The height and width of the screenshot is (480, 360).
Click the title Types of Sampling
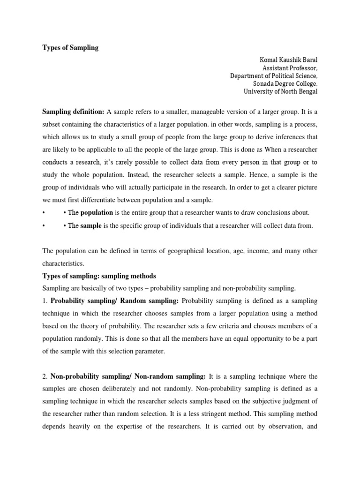[x=70, y=48]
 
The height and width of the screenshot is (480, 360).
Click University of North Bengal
[x=280, y=91]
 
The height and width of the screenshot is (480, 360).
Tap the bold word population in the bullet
[x=97, y=212]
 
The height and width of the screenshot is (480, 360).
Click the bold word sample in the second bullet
[x=91, y=225]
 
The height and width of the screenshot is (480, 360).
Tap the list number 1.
[x=44, y=300]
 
